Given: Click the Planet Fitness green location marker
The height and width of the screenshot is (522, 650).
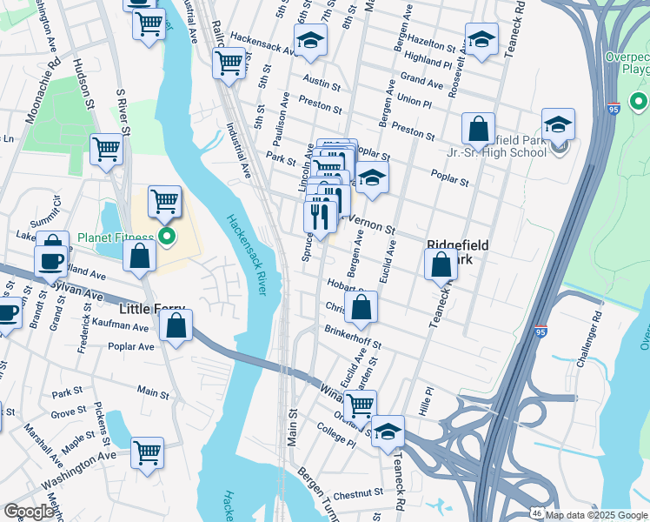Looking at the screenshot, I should [168, 237].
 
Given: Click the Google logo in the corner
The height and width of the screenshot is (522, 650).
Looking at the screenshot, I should [29, 512].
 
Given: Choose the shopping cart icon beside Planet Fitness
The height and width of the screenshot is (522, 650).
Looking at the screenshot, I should [164, 203].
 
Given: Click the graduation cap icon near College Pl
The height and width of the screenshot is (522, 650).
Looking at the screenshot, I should [388, 432].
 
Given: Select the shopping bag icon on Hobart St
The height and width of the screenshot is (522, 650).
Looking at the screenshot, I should [361, 306].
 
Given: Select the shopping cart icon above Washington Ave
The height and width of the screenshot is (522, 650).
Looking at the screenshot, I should [148, 452].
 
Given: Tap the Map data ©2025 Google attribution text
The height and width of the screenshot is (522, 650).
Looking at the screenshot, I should [596, 515].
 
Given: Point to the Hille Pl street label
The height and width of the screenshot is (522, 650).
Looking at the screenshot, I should [425, 401].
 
